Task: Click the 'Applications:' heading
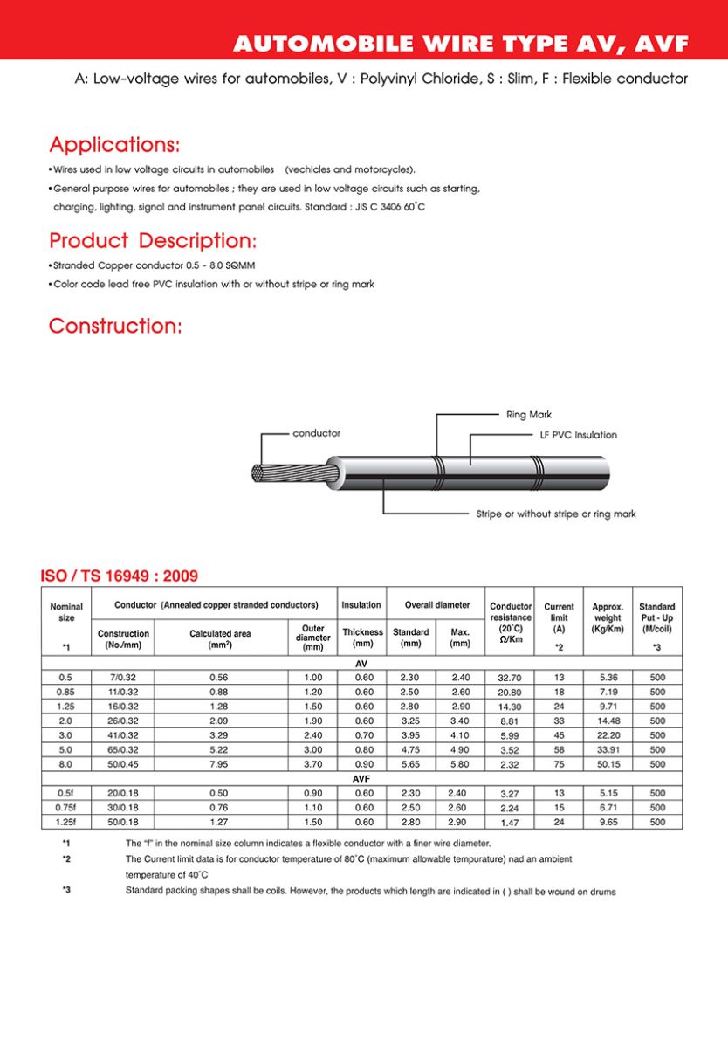point(114,144)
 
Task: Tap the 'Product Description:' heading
point(153,240)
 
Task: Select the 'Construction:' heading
point(115,327)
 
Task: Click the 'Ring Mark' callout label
point(529,415)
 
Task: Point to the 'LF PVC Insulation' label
point(578,435)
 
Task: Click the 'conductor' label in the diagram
point(316,433)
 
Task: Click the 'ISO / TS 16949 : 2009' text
point(120,576)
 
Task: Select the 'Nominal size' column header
point(66,613)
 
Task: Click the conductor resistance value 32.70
point(510,678)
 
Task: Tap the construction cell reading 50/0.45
point(123,764)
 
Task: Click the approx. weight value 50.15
point(608,764)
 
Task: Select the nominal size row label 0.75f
point(66,808)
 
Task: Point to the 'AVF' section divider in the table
point(361,778)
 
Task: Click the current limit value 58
point(559,749)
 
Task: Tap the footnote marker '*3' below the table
point(65,891)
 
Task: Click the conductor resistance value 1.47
point(510,823)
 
